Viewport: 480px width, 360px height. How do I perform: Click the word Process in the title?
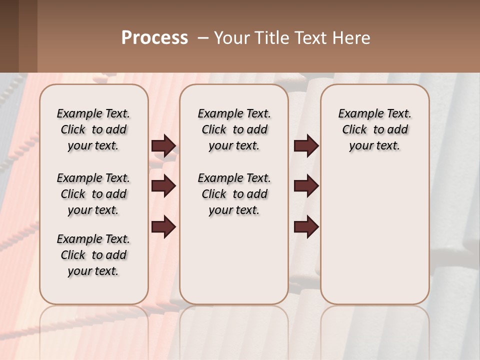click(154, 38)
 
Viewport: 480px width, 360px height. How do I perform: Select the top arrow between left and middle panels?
click(163, 145)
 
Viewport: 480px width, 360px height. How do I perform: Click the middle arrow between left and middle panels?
click(163, 186)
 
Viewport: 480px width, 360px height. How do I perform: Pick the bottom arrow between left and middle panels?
click(163, 227)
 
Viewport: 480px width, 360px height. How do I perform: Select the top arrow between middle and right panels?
click(306, 145)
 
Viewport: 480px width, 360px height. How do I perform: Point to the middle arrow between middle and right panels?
click(306, 186)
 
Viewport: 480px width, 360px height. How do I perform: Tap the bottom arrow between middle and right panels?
click(306, 227)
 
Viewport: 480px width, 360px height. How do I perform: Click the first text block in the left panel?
click(93, 129)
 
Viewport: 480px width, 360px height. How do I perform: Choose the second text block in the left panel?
click(93, 194)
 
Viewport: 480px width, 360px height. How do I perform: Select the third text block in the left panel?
click(93, 255)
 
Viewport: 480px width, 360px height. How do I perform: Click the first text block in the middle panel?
click(234, 129)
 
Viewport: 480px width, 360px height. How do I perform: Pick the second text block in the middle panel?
click(234, 194)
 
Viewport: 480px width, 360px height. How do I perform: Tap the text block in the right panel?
click(374, 129)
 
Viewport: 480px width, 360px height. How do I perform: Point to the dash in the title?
click(203, 38)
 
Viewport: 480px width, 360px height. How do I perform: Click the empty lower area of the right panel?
click(374, 240)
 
